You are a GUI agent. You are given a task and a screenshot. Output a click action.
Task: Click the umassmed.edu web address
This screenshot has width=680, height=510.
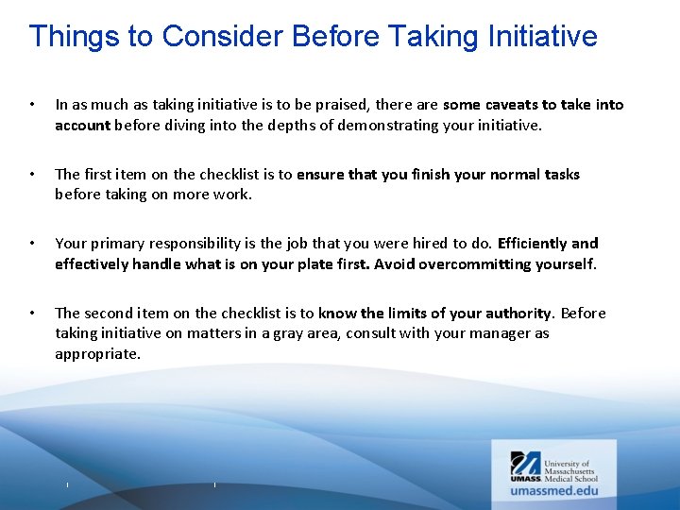pos(554,490)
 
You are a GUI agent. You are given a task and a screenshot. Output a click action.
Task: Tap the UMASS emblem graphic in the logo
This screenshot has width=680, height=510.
pos(526,465)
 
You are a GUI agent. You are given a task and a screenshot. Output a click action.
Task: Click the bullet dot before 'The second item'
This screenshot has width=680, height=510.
pos(32,314)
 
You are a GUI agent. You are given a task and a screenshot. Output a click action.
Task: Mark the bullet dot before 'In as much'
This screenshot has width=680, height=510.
pos(32,105)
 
